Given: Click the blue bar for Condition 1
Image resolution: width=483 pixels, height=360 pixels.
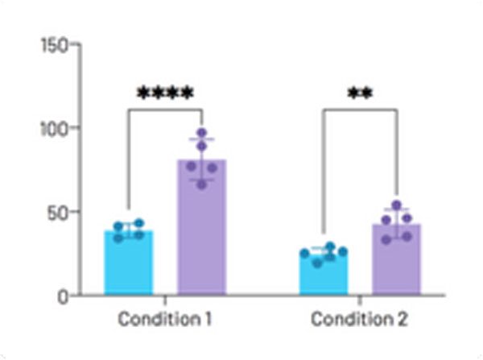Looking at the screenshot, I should click(x=129, y=263).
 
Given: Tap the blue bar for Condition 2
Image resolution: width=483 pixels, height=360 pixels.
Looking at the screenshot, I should click(x=324, y=274).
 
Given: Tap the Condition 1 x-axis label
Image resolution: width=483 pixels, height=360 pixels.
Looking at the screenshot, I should click(x=165, y=319).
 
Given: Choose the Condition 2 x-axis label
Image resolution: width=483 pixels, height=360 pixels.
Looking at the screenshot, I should click(x=360, y=319).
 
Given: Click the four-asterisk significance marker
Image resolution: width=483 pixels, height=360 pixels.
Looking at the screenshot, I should click(x=165, y=93).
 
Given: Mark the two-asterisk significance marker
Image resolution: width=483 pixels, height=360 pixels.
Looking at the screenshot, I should click(x=360, y=93).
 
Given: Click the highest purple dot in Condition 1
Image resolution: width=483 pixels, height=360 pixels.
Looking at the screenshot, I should click(x=202, y=134).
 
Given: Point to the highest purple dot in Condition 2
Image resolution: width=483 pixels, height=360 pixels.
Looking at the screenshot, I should click(x=396, y=206).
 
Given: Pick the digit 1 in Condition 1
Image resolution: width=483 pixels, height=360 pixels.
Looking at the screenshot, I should click(x=208, y=319).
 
